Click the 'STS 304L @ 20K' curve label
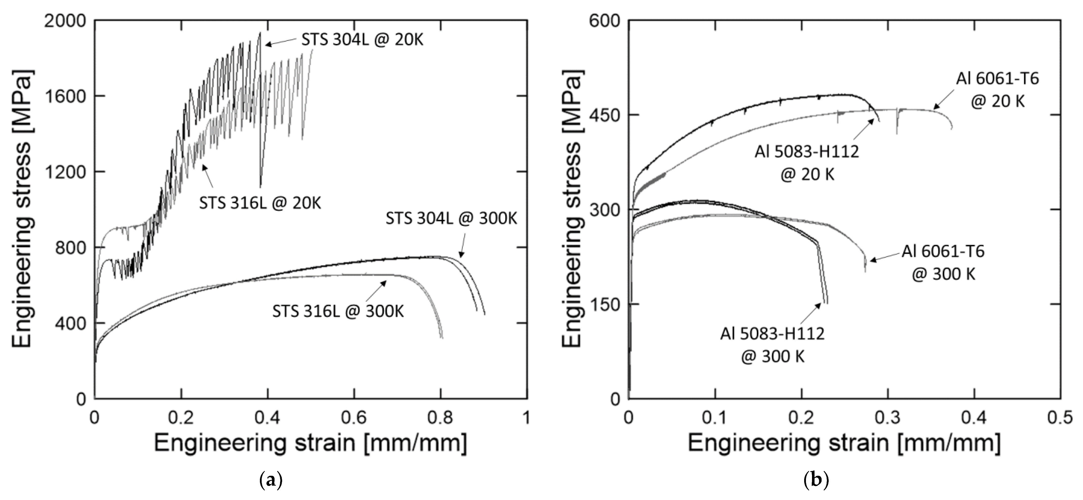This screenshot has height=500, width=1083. tap(362, 40)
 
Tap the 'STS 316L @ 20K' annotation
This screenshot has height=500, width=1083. tap(260, 203)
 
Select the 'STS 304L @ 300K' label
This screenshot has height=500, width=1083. tap(451, 219)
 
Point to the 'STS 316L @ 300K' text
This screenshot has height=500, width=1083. tap(338, 311)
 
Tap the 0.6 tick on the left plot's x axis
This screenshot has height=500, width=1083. tap(354, 418)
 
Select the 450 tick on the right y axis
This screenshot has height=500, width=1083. tap(604, 115)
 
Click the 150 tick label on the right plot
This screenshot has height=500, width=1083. tap(604, 304)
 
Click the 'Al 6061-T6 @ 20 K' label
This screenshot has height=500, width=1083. tap(997, 90)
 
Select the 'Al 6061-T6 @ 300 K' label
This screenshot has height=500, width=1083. tap(943, 262)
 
